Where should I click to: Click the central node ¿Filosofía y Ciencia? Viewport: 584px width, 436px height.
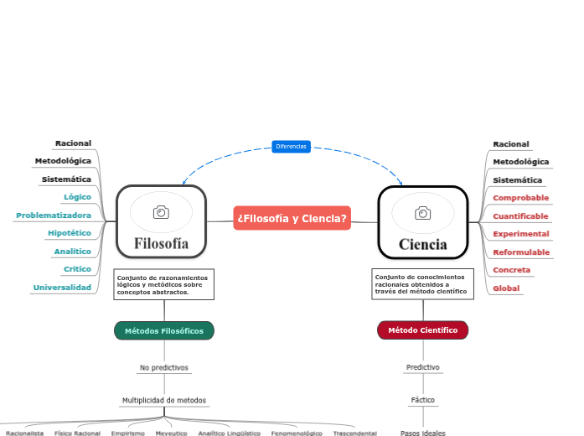click(292, 218)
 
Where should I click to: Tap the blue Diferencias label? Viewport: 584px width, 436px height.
click(292, 147)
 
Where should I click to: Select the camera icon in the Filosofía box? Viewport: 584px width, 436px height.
click(161, 213)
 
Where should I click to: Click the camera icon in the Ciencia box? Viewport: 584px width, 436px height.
click(423, 214)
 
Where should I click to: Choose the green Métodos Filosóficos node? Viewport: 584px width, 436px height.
click(164, 330)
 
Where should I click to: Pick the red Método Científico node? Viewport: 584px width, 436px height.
click(423, 330)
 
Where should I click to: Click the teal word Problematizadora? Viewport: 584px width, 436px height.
click(54, 215)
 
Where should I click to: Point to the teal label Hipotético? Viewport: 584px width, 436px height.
click(70, 233)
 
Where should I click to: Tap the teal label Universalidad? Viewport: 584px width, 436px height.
click(62, 288)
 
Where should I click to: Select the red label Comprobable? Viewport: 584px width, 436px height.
click(520, 198)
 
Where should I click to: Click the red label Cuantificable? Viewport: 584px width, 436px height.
click(520, 216)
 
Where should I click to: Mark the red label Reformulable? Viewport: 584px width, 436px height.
click(521, 252)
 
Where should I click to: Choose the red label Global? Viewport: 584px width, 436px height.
click(506, 288)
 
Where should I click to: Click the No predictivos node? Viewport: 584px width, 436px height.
click(164, 367)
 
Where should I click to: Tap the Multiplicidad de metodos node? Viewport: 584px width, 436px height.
click(164, 400)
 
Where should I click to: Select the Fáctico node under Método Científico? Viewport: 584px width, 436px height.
click(423, 400)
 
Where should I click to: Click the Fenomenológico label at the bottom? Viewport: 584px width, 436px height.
click(297, 433)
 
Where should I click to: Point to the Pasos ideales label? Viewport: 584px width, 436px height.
click(423, 433)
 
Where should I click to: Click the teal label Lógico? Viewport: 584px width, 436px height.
click(77, 197)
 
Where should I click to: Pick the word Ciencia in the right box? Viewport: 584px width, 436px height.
click(423, 245)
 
